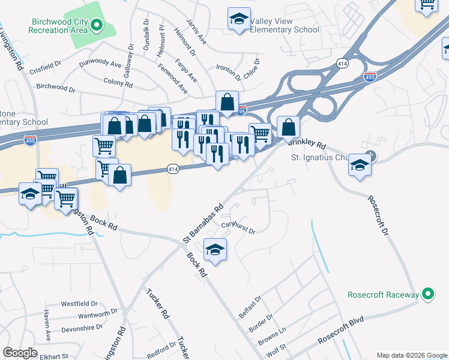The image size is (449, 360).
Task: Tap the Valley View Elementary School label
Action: point(284,29)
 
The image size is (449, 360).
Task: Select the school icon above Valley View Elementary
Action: point(239,19)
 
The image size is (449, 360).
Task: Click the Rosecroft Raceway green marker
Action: point(427,294)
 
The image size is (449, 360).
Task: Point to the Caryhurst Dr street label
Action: point(238,228)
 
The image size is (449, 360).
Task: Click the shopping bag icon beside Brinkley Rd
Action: point(288,127)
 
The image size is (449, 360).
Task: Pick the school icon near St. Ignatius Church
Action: point(359,165)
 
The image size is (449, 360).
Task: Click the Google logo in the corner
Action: point(20,353)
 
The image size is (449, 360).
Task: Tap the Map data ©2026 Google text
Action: point(411,355)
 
